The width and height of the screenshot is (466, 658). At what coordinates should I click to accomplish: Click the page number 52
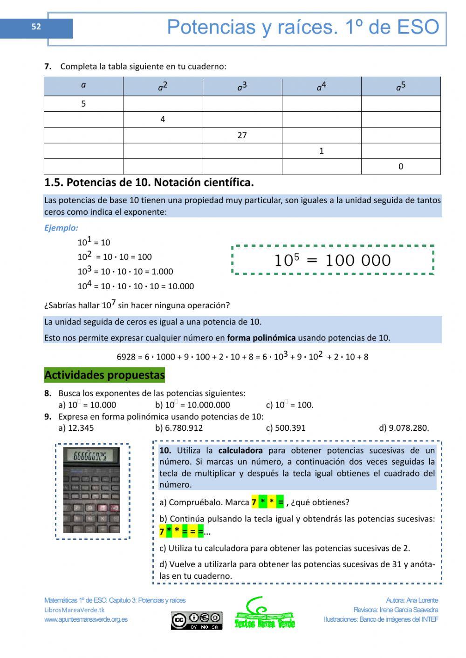[x=36, y=27]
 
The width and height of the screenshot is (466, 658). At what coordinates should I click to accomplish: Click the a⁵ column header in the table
[x=401, y=87]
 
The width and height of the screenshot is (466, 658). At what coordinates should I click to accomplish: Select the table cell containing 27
[x=242, y=135]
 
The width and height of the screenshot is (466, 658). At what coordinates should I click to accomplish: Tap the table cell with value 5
[x=83, y=104]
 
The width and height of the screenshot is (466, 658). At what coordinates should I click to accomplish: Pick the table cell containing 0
[x=401, y=166]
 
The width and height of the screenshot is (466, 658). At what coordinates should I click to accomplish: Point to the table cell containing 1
[x=321, y=151]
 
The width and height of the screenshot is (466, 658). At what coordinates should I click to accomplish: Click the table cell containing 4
[x=163, y=119]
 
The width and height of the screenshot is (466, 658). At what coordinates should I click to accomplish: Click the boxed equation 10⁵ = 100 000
[x=333, y=260]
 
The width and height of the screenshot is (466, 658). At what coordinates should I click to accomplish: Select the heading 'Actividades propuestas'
[x=104, y=375]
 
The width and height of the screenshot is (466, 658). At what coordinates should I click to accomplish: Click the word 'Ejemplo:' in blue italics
[x=61, y=228]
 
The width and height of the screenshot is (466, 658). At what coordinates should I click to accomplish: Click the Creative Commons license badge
[x=196, y=620]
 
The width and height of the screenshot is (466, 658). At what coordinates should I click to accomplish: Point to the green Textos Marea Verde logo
[x=264, y=614]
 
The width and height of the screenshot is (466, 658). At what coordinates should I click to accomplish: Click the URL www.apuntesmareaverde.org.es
[x=86, y=619]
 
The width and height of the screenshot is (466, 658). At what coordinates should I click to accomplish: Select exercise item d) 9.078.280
[x=404, y=427]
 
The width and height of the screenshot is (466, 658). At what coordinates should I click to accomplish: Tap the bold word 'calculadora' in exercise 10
[x=240, y=450]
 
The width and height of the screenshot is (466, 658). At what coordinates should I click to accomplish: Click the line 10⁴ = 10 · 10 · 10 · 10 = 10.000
[x=136, y=285]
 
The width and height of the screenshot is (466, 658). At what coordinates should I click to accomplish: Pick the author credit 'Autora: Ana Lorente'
[x=411, y=600]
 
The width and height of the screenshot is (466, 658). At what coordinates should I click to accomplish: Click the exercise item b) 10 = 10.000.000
[x=192, y=405]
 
